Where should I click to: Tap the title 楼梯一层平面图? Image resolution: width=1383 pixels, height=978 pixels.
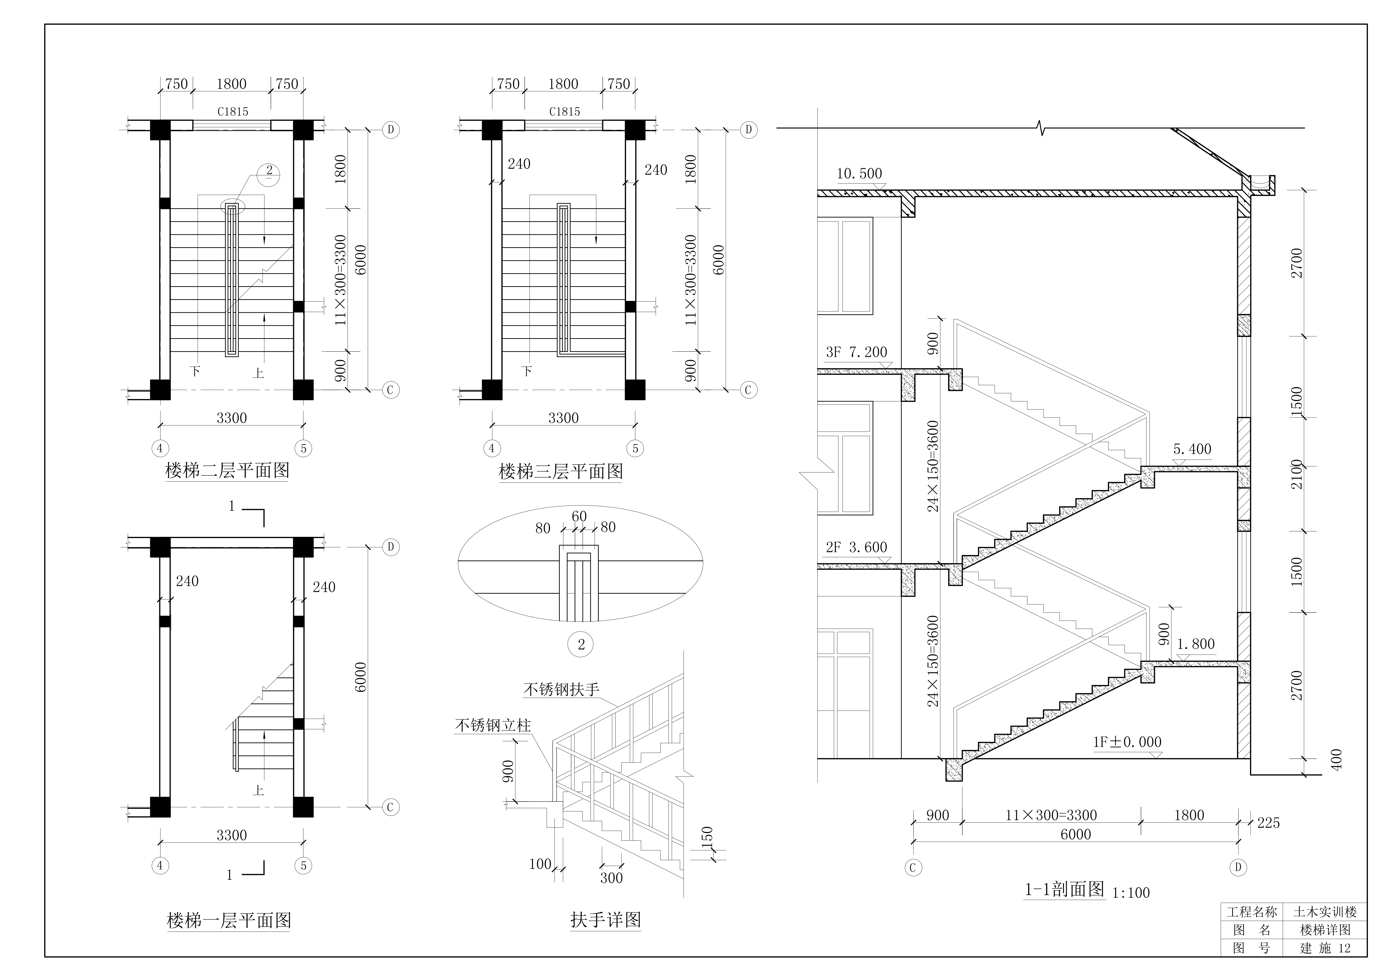pos(229,920)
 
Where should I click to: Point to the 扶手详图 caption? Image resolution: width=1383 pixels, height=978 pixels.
pos(605,920)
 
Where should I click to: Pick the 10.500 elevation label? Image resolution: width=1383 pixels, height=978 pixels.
pos(859,174)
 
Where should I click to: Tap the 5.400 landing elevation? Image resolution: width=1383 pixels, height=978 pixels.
pos(1192,449)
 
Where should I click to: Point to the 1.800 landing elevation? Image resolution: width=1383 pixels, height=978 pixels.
pos(1196,644)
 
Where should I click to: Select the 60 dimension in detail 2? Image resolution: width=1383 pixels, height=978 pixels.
pos(579,517)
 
